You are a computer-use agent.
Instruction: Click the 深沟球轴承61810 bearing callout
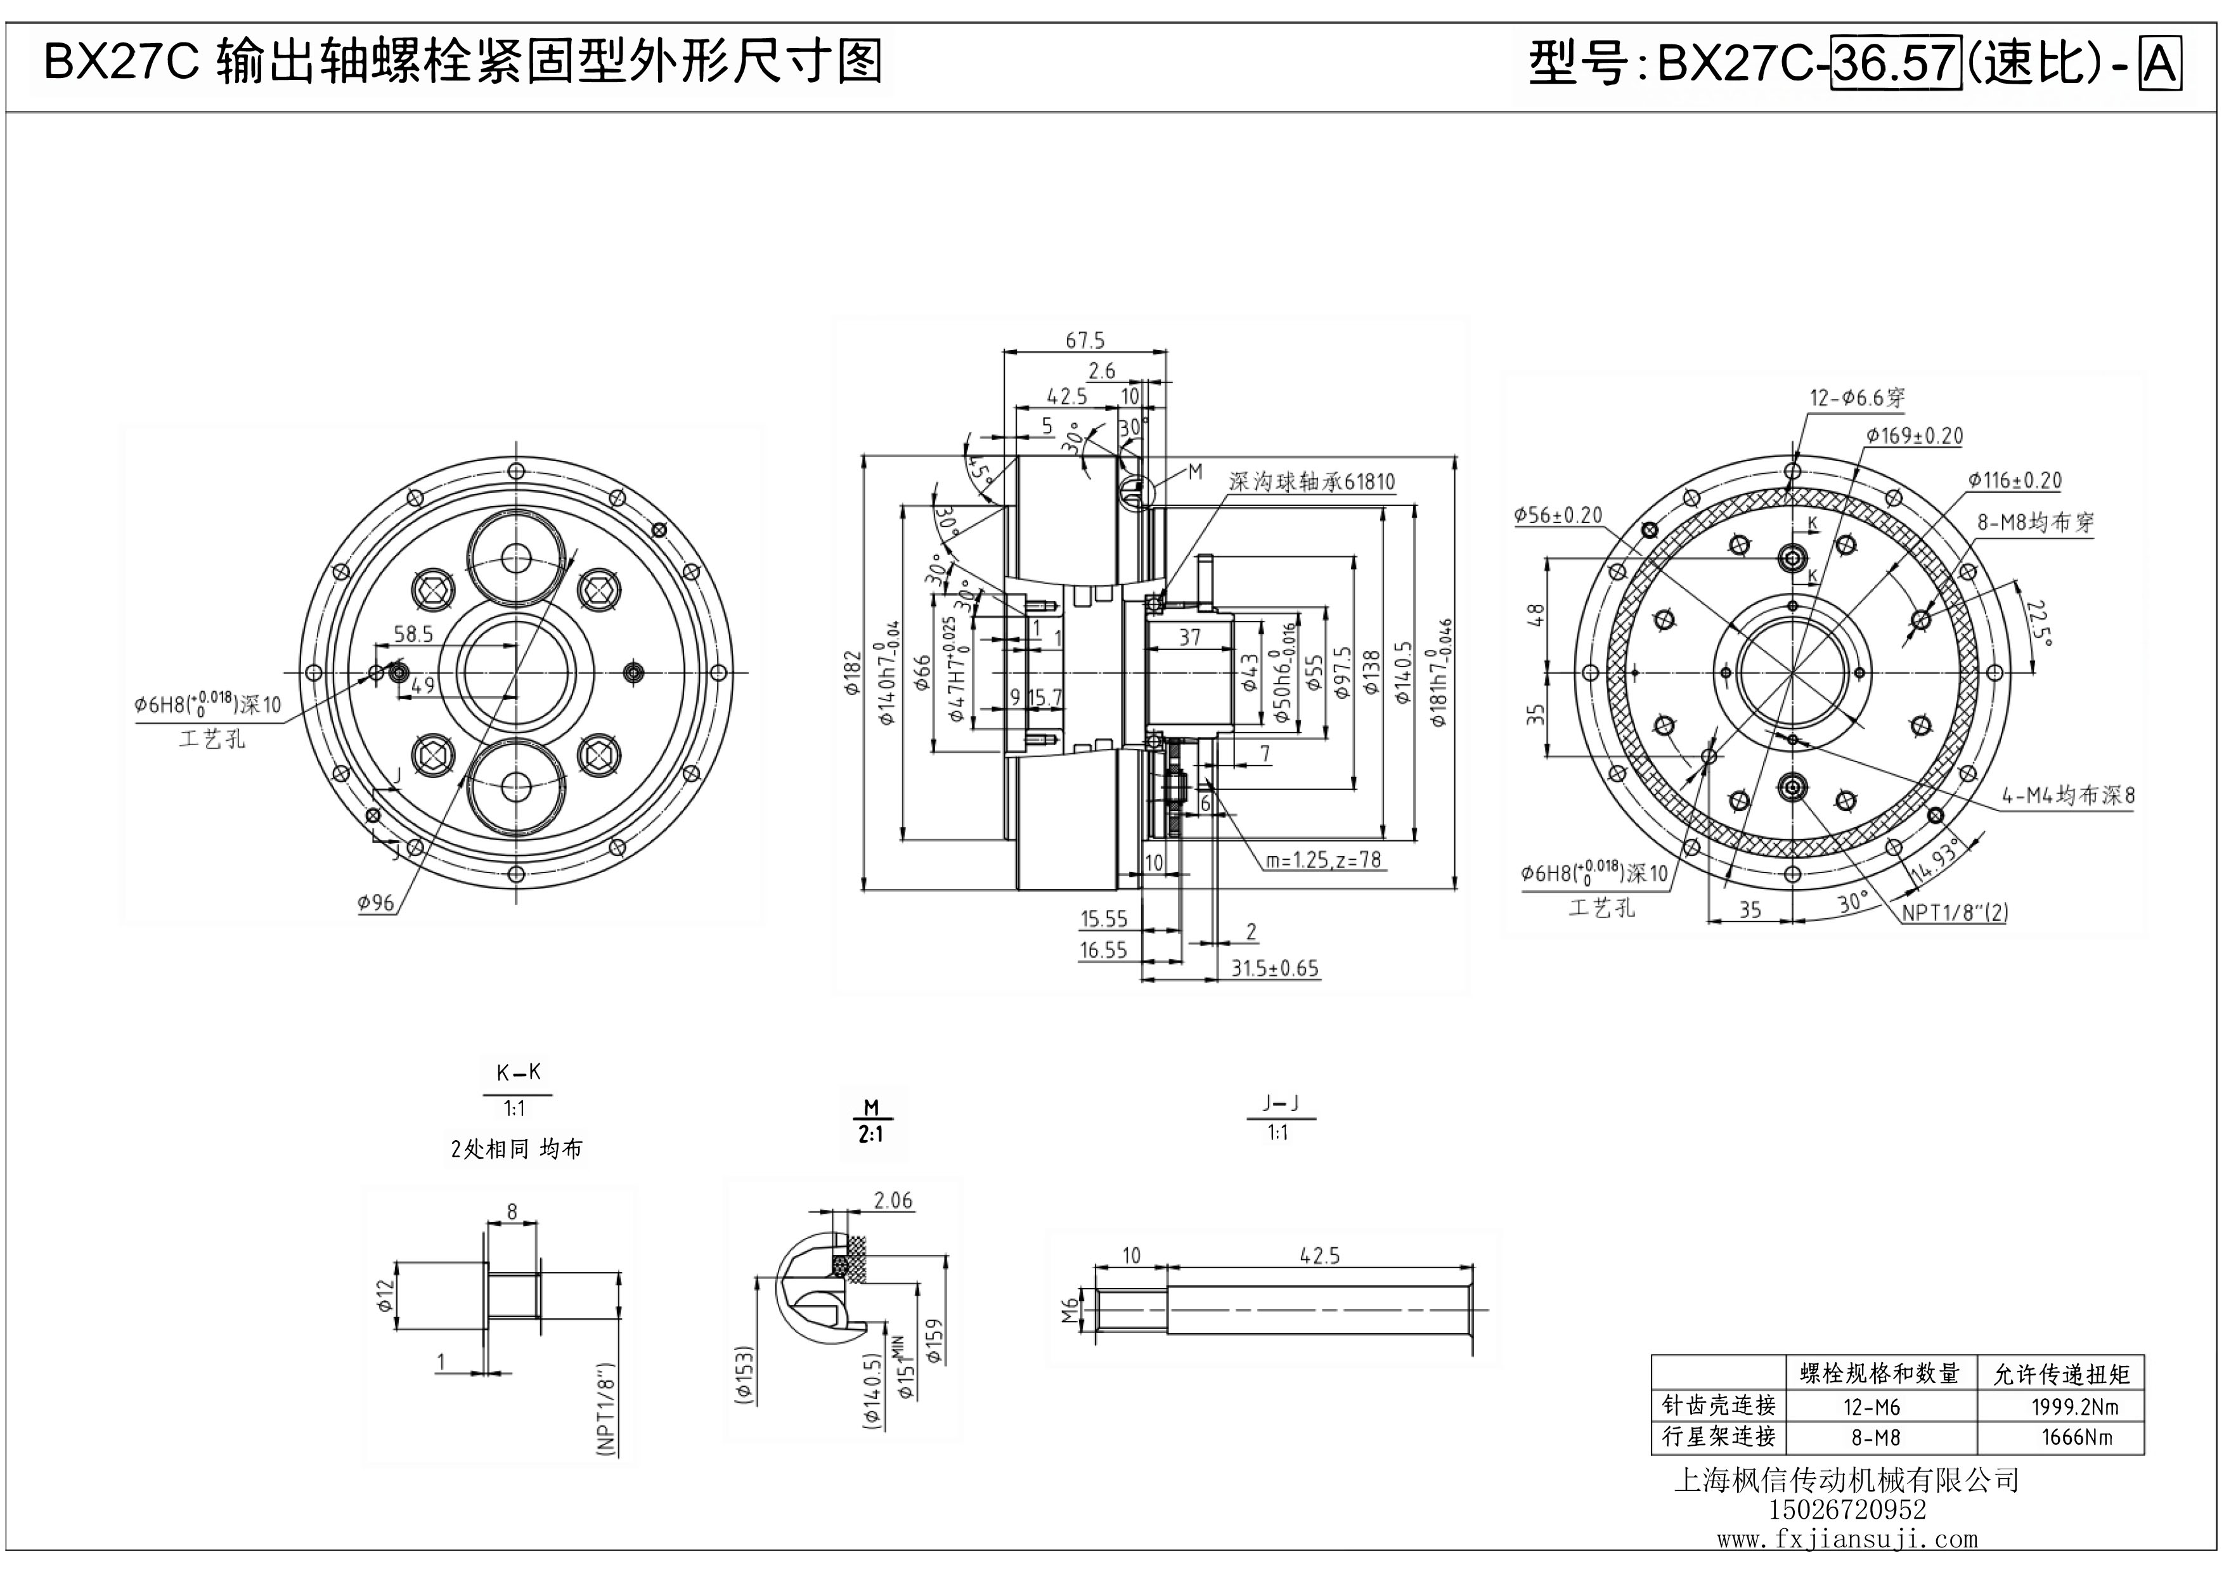pos(1312,481)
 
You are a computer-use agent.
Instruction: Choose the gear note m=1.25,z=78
pos(1323,859)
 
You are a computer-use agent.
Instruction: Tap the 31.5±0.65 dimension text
pos(1275,968)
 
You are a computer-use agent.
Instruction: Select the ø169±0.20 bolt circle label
pos(1914,436)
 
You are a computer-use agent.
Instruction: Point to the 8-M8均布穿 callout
pos(2035,522)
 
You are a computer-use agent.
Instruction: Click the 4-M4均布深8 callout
pos(2068,795)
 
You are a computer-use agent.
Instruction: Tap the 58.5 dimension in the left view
pos(413,634)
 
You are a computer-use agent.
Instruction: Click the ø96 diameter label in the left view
pos(376,903)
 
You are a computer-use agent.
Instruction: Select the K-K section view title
pos(518,1072)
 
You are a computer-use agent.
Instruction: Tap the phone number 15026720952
pos(1847,1509)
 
